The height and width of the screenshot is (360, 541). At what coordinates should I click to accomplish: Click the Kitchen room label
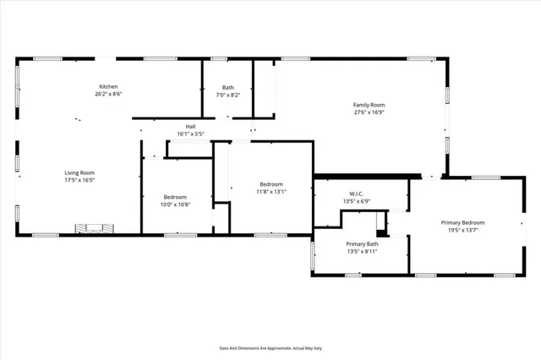tap(109, 87)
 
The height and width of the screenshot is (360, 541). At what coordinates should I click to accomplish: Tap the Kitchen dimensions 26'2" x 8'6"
tap(109, 95)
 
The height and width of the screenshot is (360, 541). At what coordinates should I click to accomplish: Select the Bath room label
tap(228, 87)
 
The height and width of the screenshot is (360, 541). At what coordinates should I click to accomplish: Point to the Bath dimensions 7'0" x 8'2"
tap(228, 95)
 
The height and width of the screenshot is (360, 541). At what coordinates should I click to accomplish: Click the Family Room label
tap(369, 105)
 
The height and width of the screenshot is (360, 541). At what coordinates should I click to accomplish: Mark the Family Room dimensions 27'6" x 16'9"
tap(369, 112)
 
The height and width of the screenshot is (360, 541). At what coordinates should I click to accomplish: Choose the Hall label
tap(190, 127)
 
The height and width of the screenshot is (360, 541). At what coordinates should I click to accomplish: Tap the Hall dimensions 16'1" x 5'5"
tap(190, 134)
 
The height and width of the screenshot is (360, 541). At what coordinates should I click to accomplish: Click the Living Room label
tap(79, 172)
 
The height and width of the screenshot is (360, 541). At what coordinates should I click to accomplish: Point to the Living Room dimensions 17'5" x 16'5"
tap(79, 180)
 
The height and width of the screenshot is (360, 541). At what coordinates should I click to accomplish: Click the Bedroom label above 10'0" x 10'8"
tap(175, 196)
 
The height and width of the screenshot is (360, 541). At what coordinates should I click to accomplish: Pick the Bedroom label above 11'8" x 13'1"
tap(271, 183)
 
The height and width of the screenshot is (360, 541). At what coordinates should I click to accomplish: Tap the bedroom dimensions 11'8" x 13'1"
tap(271, 191)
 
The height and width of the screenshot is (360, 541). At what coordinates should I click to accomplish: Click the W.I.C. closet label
tap(355, 194)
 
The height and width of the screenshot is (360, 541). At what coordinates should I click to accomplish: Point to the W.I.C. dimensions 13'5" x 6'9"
tap(355, 201)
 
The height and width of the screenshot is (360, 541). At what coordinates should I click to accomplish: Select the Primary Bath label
tap(361, 243)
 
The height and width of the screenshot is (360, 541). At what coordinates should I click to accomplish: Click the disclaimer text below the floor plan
tap(270, 347)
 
